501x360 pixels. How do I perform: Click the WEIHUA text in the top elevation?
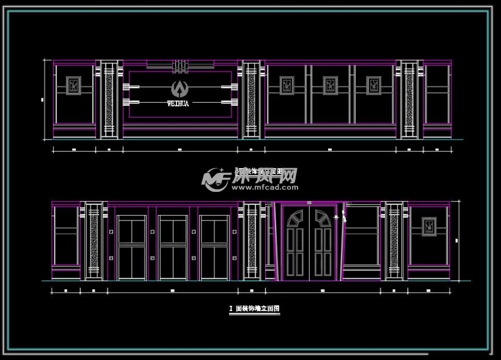pyautogui.click(x=178, y=103)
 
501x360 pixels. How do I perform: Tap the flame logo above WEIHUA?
pyautogui.click(x=179, y=89)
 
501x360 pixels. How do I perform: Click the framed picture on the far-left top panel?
pyautogui.click(x=74, y=86)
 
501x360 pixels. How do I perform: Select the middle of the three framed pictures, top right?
pyautogui.click(x=331, y=86)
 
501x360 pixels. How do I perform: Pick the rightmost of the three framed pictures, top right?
pyautogui.click(x=373, y=86)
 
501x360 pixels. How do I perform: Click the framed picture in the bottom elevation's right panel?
pyautogui.click(x=430, y=226)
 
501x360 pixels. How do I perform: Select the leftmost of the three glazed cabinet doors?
pyautogui.click(x=132, y=248)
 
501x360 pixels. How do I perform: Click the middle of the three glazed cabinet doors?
pyautogui.click(x=173, y=248)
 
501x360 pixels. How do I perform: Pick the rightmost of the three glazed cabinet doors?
pyautogui.click(x=214, y=248)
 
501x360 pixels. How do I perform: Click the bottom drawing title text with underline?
pyautogui.click(x=254, y=309)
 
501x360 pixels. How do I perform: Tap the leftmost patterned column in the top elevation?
pyautogui.click(x=109, y=98)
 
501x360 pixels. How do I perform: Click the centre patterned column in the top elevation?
pyautogui.click(x=250, y=98)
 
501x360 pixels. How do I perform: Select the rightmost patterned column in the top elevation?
pyautogui.click(x=409, y=98)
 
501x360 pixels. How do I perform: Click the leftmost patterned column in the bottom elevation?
pyautogui.click(x=93, y=240)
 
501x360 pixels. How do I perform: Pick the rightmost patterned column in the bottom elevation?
pyautogui.click(x=394, y=240)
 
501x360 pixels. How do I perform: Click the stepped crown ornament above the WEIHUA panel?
pyautogui.click(x=179, y=64)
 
